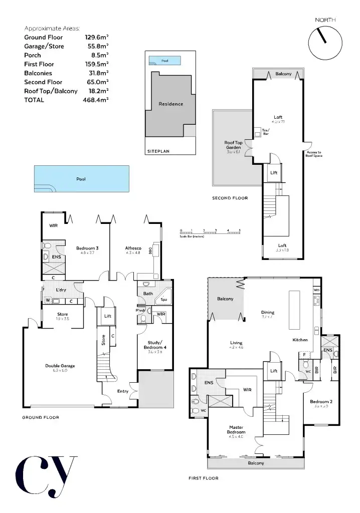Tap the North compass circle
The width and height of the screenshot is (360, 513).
(x=325, y=43)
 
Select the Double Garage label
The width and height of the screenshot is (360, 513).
(x=60, y=366)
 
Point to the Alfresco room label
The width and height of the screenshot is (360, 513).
(x=133, y=248)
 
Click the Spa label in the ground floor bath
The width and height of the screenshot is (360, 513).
(x=163, y=301)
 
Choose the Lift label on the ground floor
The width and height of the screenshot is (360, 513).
(x=108, y=316)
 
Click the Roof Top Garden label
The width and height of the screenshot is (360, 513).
(x=233, y=145)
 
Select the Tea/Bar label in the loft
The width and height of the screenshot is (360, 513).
(x=265, y=131)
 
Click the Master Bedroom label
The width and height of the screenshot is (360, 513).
(x=236, y=429)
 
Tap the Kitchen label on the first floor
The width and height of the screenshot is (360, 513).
(x=300, y=340)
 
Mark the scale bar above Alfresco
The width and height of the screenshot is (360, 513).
(x=210, y=232)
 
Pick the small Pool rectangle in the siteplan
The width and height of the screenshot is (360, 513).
(x=164, y=61)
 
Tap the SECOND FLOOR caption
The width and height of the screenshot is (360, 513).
(x=230, y=198)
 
